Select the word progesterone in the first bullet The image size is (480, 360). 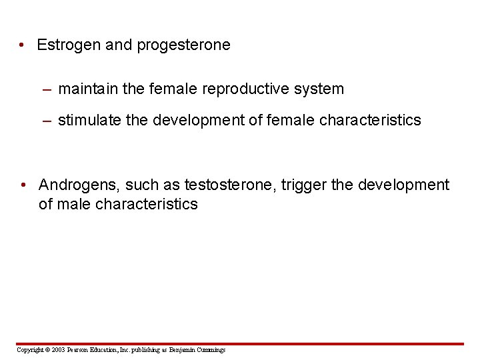click(x=183, y=45)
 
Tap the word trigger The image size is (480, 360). click(x=303, y=185)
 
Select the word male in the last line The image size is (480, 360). click(x=75, y=204)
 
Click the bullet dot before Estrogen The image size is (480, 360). click(x=23, y=46)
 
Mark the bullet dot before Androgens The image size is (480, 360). click(x=23, y=185)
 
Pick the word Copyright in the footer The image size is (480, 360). click(x=30, y=350)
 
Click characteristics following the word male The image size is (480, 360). click(x=147, y=204)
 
